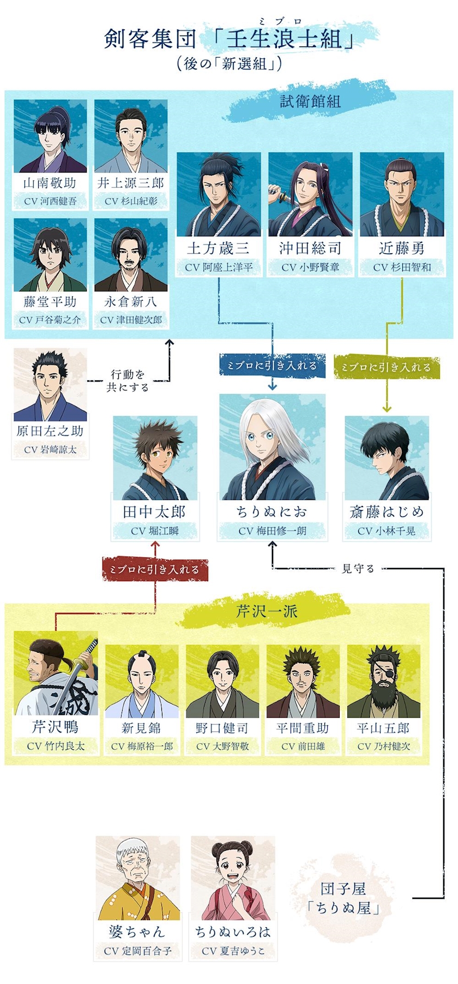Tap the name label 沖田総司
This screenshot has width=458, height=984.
point(310,249)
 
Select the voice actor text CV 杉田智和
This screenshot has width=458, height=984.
point(402,267)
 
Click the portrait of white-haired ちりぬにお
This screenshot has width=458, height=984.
point(272,448)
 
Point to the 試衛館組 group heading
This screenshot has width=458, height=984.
point(310,102)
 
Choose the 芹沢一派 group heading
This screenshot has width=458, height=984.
point(267,611)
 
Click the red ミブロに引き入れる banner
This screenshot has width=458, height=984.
point(155,569)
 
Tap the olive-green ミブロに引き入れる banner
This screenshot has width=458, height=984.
point(386,367)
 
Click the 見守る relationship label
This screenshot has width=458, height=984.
point(358,569)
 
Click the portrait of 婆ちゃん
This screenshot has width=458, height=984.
point(137,878)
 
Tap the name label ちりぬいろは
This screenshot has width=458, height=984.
point(233,932)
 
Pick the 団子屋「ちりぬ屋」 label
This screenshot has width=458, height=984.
point(342,898)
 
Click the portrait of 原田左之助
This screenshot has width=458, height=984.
point(50,385)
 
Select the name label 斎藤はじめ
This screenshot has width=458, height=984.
point(386,512)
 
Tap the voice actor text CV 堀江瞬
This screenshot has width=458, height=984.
point(155,531)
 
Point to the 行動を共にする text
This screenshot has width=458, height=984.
point(128,380)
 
